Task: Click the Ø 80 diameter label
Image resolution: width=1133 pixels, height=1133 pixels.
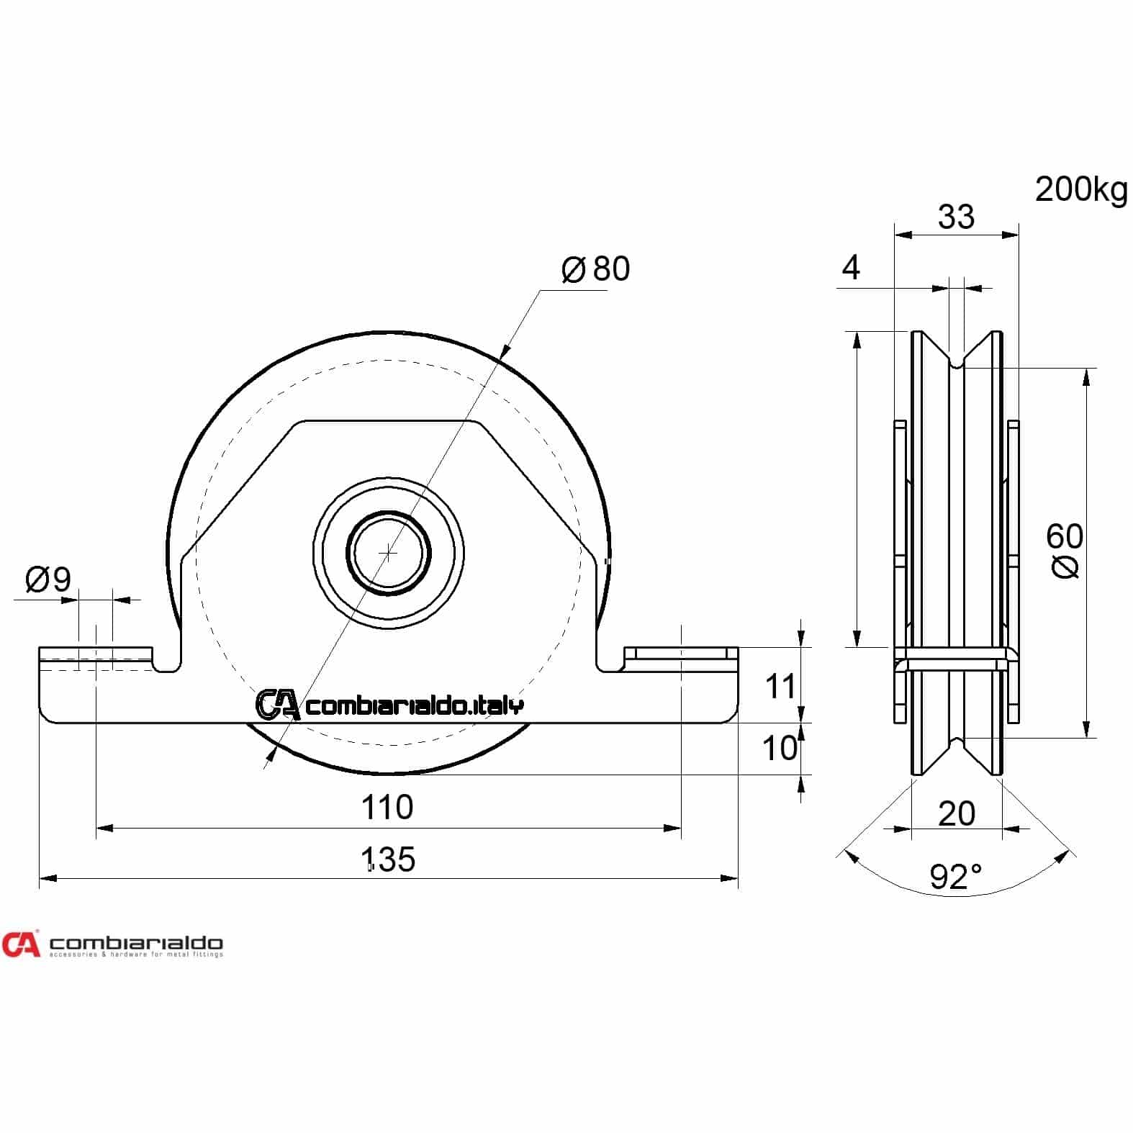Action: (595, 268)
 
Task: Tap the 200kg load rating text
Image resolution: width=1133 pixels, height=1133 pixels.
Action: (1081, 190)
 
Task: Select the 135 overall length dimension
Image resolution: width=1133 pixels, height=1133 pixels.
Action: (389, 859)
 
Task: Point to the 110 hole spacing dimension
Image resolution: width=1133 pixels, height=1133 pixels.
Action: (387, 808)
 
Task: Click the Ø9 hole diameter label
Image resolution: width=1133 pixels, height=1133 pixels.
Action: (48, 579)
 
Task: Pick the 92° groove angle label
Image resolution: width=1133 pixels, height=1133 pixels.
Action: (955, 877)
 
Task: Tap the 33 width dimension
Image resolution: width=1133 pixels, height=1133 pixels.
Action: (956, 216)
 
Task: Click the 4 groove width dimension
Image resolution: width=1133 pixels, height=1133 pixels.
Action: (851, 268)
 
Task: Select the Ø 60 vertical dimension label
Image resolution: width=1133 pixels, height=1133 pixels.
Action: (1065, 551)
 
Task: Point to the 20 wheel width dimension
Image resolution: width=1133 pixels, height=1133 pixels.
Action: (957, 813)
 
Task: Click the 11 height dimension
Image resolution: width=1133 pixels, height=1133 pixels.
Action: (780, 687)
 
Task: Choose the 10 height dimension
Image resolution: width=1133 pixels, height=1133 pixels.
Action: (780, 749)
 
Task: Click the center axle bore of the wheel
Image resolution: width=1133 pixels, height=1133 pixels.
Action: (389, 553)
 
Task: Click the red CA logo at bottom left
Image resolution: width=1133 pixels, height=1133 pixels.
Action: (21, 944)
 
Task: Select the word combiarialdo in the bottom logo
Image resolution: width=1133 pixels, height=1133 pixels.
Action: (136, 942)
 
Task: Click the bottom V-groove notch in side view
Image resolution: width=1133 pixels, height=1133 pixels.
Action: (957, 744)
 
